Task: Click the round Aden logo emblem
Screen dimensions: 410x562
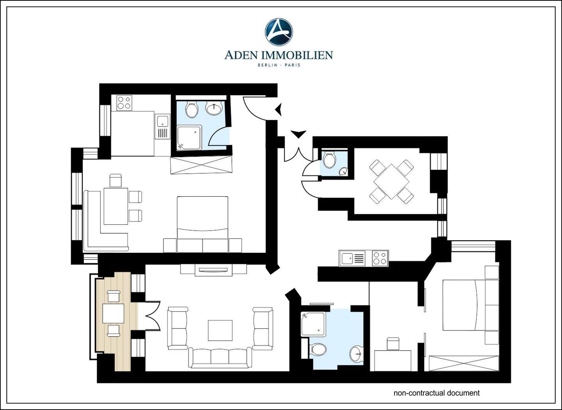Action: (279, 32)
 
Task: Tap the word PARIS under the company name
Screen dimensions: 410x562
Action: (292, 65)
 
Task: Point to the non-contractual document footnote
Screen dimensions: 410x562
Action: (436, 393)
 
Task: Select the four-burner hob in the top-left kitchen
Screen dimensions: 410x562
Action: (124, 103)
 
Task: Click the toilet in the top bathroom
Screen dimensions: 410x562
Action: (192, 110)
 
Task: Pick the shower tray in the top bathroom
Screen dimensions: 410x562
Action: (189, 138)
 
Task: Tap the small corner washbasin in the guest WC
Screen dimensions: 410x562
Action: (343, 171)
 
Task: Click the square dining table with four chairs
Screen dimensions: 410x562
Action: (391, 181)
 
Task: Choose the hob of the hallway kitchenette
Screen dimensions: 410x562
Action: (380, 258)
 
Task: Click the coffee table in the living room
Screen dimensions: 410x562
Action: (220, 330)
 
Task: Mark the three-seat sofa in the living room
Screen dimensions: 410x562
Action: (220, 358)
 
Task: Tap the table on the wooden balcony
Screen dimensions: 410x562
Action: (113, 313)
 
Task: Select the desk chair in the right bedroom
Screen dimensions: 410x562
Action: (393, 344)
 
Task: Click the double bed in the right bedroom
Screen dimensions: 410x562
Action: (464, 305)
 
